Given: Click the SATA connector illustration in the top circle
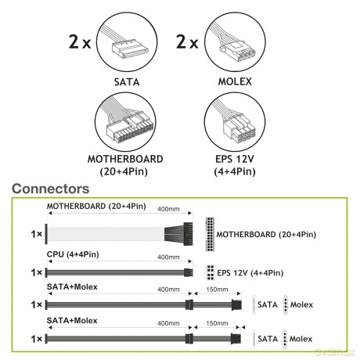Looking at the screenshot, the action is coord(130,48).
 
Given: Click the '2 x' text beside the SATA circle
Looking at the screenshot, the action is coord(80,41).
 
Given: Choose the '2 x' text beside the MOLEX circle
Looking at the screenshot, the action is coord(187,41).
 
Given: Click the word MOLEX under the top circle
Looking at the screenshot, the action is coord(235,81).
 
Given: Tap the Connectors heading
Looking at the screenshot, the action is coord(51,189).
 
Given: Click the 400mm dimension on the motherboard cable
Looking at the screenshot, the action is coord(168,209).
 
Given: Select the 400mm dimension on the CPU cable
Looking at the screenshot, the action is coord(168,257).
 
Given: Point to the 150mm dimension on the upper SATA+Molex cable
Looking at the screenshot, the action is coord(217,290).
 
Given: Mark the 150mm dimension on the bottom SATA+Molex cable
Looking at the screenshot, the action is coord(217,323).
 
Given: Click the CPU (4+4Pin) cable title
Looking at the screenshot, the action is coord(73,254).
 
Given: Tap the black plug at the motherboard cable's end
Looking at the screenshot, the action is coord(188,233).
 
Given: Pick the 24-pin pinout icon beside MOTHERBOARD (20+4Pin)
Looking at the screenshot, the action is coord(210,234).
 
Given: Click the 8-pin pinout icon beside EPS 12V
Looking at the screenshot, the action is coord(211,272).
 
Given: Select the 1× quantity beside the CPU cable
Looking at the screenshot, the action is coord(37,272).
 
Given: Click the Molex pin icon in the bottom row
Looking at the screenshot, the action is coord(285,339).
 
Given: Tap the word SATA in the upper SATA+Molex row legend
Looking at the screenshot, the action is coord(268,304).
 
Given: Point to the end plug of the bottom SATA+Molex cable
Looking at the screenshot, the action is coord(236,339).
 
